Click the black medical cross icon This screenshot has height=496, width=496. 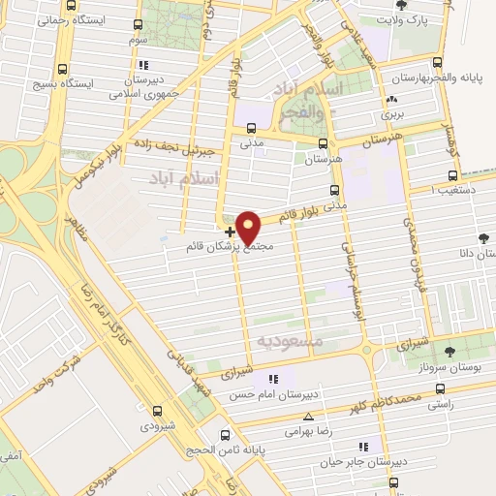[230, 232]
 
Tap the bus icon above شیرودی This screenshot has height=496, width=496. [156, 410]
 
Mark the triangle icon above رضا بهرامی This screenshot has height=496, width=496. [295, 417]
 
